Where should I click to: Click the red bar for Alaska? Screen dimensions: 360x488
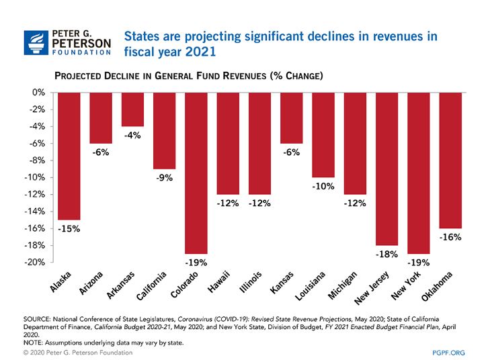tap(69, 156)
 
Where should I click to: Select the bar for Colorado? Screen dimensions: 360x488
tap(196, 173)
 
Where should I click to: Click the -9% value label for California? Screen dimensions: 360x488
tap(165, 179)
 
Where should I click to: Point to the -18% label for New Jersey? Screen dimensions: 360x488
tap(387, 255)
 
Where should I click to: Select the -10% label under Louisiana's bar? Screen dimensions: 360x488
tap(323, 187)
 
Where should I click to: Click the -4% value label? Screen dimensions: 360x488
tap(132, 136)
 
